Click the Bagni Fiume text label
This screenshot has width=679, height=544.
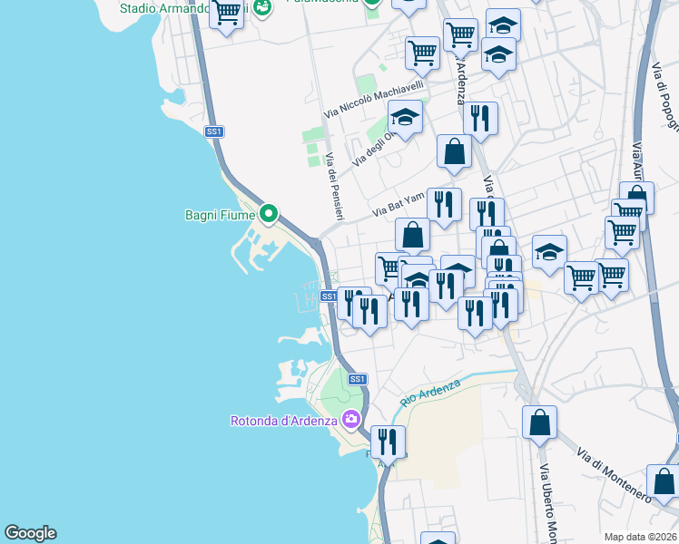pos(219,215)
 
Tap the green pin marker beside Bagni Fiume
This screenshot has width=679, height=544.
pos(268,214)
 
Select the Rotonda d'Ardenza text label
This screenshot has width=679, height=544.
pos(282,420)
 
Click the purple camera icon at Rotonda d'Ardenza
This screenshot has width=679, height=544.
pos(351,419)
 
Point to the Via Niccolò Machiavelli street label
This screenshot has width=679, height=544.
pos(375,100)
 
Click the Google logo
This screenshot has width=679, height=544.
pos(30,533)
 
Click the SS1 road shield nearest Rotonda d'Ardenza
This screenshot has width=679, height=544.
pos(358,379)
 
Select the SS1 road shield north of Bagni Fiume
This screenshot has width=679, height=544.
pos(214,132)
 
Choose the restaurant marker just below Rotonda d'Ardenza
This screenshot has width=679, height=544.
pos(389,442)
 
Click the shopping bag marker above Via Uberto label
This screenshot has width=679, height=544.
pos(540,422)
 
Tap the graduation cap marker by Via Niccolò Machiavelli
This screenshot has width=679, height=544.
pos(405,117)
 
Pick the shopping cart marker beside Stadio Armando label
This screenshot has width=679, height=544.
pos(227,13)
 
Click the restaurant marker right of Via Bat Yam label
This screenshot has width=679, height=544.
pos(444,205)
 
